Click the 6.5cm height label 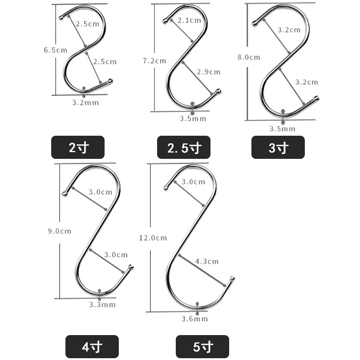[56, 50]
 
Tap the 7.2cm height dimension [154, 61]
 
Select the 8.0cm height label [249, 57]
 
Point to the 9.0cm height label [60, 231]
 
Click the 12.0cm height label [153, 238]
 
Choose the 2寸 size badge [78, 147]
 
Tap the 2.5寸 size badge [184, 147]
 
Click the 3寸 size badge [278, 147]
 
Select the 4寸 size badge [92, 347]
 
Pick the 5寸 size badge [202, 347]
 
